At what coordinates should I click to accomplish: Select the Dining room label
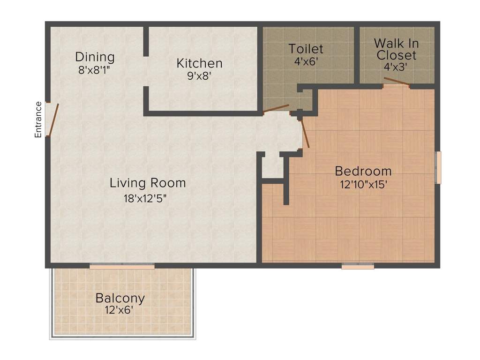click(95, 57)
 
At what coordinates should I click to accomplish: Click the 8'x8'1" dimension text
click(95, 69)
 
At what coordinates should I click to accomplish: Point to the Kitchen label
click(199, 63)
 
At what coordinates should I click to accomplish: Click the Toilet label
click(306, 49)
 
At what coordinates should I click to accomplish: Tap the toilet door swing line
click(276, 109)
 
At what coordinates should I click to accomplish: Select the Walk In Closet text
click(397, 49)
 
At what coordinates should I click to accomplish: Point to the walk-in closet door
click(397, 82)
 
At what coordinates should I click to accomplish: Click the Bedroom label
click(363, 171)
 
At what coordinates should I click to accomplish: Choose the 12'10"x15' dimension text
click(363, 184)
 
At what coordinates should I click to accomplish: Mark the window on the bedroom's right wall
click(438, 167)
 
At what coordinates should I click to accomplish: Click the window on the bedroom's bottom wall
click(358, 266)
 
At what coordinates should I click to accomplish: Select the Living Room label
click(148, 183)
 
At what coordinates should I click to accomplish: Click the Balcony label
click(120, 298)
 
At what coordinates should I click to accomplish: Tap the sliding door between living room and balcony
click(122, 266)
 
